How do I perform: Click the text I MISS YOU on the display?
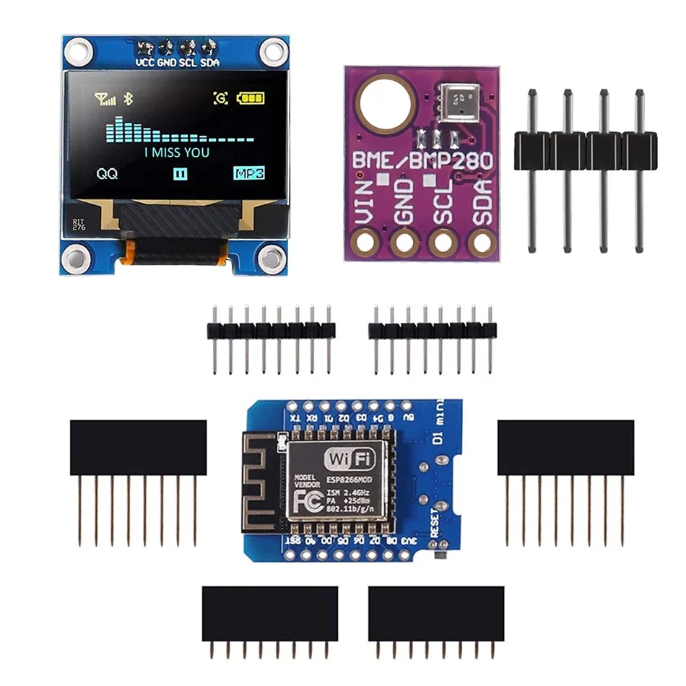point(177,152)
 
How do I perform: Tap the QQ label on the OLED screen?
point(107,173)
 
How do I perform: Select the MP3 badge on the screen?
point(248,173)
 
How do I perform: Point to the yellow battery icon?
point(251,98)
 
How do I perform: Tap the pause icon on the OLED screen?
point(179,173)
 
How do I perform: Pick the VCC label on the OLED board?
point(145,62)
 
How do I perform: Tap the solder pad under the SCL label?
point(440,242)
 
